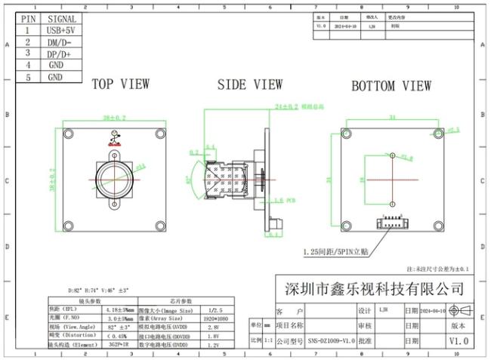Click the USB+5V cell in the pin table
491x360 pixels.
(61, 30)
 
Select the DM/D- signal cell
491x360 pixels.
(61, 42)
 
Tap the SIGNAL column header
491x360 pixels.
(61, 18)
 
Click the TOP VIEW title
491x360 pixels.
(120, 85)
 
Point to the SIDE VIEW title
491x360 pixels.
(249, 85)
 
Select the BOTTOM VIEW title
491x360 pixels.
(391, 86)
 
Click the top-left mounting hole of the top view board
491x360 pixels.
(69, 134)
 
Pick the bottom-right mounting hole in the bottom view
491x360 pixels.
(438, 226)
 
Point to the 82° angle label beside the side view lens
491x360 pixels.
(187, 180)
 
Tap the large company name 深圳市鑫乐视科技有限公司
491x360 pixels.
(373, 289)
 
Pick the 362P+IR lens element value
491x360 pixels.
(118, 344)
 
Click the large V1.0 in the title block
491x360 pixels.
(459, 341)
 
